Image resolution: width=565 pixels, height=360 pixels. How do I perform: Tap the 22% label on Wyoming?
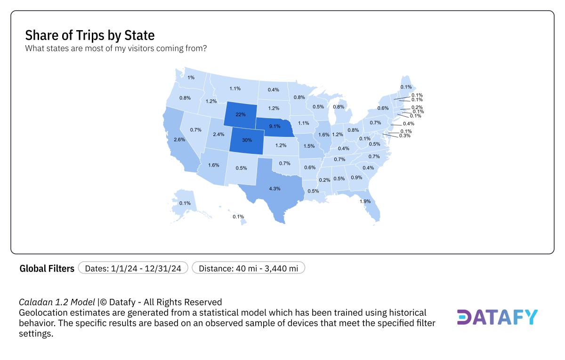pyautogui.click(x=241, y=114)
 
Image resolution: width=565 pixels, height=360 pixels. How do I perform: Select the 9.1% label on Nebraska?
pyautogui.click(x=274, y=126)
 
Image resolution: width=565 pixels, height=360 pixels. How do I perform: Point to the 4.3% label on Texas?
pyautogui.click(x=274, y=189)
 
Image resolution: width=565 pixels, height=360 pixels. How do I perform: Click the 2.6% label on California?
pyautogui.click(x=179, y=140)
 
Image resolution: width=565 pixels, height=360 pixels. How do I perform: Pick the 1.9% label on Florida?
pyautogui.click(x=365, y=201)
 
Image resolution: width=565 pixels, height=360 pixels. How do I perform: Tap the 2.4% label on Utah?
pyautogui.click(x=218, y=135)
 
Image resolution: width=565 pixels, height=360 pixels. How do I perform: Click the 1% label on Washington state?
pyautogui.click(x=191, y=78)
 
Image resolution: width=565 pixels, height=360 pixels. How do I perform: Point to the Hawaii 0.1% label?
pyautogui.click(x=238, y=217)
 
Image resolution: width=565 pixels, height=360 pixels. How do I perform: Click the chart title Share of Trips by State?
pyautogui.click(x=90, y=35)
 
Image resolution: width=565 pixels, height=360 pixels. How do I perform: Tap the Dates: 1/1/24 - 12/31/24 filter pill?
pyautogui.click(x=133, y=268)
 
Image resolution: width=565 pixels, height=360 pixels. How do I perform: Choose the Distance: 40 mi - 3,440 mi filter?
pyautogui.click(x=249, y=268)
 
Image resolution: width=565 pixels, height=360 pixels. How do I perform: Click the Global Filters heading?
pyautogui.click(x=47, y=269)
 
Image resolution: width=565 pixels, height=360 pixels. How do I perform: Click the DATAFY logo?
pyautogui.click(x=497, y=318)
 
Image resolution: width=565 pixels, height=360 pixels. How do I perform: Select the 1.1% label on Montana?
pyautogui.click(x=235, y=88)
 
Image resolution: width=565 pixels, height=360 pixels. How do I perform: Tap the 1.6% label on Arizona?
pyautogui.click(x=214, y=165)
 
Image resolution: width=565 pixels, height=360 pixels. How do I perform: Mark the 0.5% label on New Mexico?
pyautogui.click(x=241, y=168)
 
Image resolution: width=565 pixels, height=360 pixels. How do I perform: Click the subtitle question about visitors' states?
pyautogui.click(x=115, y=48)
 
